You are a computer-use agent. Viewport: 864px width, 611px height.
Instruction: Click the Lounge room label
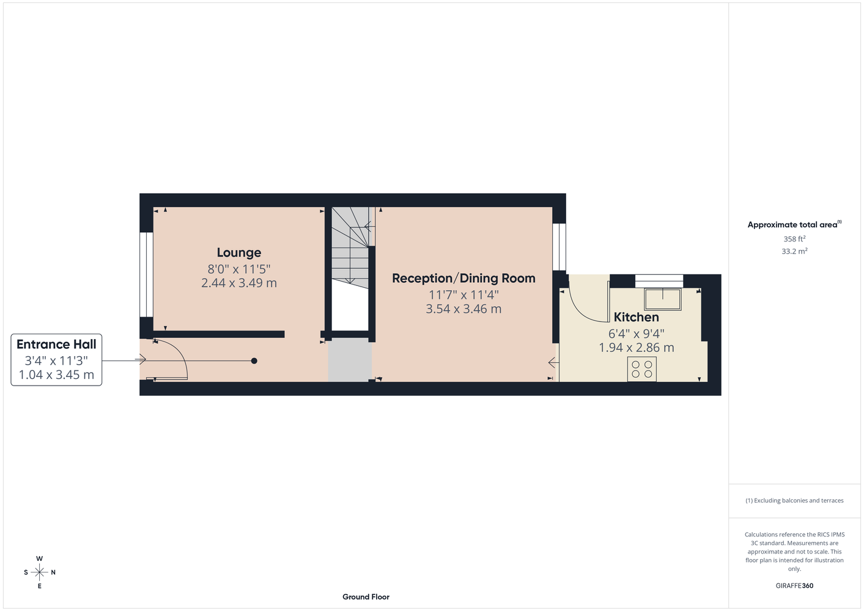pyautogui.click(x=238, y=252)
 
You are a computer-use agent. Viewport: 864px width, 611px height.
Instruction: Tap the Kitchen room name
pyautogui.click(x=636, y=317)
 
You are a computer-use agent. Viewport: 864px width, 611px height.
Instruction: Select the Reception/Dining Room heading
pyautogui.click(x=463, y=278)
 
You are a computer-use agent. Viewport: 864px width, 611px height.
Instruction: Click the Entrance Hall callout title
pyautogui.click(x=56, y=344)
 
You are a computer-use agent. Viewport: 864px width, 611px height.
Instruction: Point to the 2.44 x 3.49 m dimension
pyautogui.click(x=238, y=283)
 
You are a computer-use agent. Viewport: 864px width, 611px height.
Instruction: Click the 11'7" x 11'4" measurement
pyautogui.click(x=463, y=295)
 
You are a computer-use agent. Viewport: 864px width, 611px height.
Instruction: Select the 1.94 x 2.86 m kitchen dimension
pyautogui.click(x=636, y=348)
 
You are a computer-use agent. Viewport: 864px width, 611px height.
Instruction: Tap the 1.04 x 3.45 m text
pyautogui.click(x=56, y=375)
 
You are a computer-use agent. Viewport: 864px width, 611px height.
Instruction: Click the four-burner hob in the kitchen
pyautogui.click(x=642, y=369)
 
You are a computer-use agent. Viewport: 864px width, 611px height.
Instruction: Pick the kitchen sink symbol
pyautogui.click(x=663, y=299)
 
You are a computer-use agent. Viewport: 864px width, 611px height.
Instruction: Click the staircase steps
pyautogui.click(x=350, y=247)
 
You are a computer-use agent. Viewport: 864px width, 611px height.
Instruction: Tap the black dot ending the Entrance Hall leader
pyautogui.click(x=254, y=361)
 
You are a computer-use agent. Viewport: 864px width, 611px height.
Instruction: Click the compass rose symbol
pyautogui.click(x=39, y=573)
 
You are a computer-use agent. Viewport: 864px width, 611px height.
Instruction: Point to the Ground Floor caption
pyautogui.click(x=366, y=597)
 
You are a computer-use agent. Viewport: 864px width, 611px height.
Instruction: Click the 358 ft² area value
pyautogui.click(x=794, y=239)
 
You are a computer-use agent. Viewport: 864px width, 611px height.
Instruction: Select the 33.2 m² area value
pyautogui.click(x=794, y=251)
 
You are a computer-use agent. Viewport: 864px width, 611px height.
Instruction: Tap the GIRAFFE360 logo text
pyautogui.click(x=794, y=585)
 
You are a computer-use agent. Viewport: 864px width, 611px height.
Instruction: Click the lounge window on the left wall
pyautogui.click(x=146, y=274)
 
